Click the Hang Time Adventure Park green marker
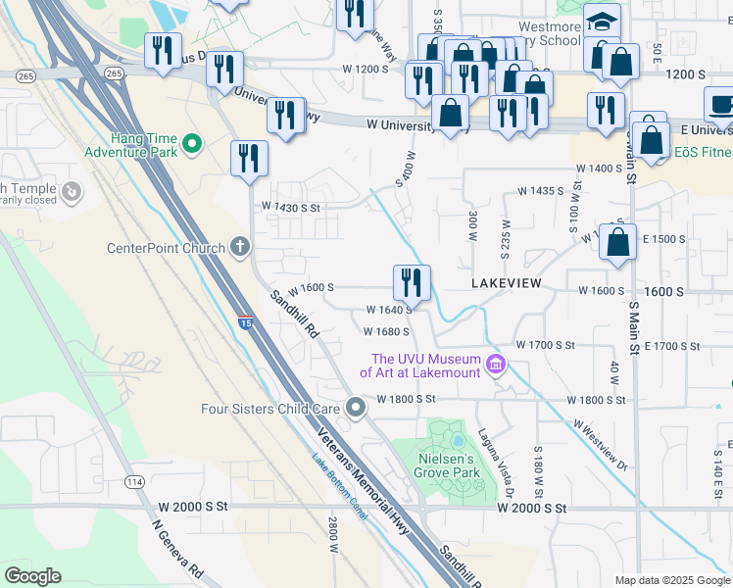click(192, 145)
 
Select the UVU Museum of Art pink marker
click(496, 366)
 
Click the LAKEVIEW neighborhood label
click(507, 282)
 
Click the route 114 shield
click(134, 482)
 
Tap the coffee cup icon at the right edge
click(720, 104)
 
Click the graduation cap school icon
click(602, 22)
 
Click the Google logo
click(33, 575)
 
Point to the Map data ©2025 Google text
click(670, 579)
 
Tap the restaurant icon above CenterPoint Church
click(249, 158)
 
